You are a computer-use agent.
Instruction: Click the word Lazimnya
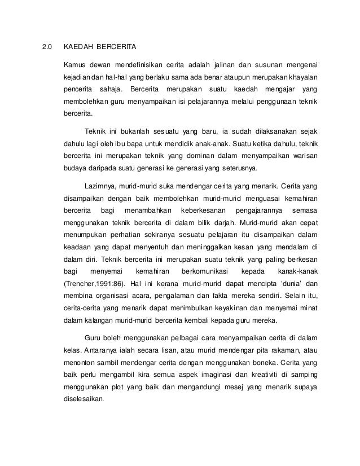[99, 186]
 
